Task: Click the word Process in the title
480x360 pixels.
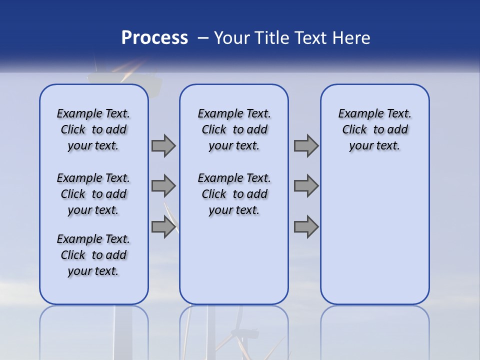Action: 154,38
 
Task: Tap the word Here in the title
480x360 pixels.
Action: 351,38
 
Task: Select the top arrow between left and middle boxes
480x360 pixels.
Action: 163,146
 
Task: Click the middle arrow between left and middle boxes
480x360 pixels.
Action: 163,186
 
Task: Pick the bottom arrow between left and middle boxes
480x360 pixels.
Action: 163,226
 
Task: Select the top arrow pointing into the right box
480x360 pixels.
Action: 306,146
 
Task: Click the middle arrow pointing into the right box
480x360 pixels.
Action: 306,186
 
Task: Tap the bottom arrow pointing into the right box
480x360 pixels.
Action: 306,226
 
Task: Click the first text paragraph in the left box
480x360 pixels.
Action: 93,129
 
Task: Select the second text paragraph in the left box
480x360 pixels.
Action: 93,194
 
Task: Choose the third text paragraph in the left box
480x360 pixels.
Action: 93,255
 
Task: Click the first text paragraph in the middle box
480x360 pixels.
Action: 234,129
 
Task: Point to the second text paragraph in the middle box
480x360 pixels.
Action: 234,194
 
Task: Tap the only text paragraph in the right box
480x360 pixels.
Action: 375,129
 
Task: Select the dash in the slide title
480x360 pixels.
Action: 202,38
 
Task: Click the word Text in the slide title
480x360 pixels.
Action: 309,38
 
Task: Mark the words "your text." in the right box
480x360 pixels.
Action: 375,146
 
